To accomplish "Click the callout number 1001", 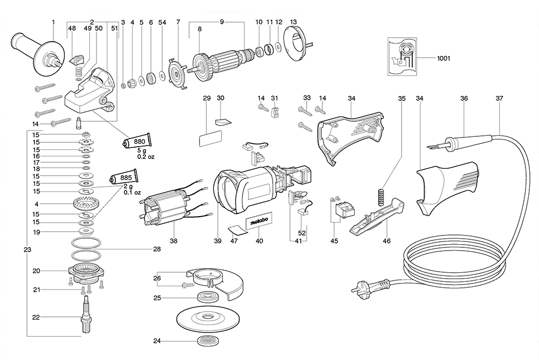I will click(444, 57).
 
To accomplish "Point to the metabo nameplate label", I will click(260, 221).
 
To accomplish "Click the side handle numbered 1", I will click(37, 51).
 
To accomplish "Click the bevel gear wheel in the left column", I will click(84, 205).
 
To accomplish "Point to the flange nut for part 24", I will click(206, 341).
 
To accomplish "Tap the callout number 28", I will click(157, 249).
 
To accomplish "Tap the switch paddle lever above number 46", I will click(377, 218).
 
